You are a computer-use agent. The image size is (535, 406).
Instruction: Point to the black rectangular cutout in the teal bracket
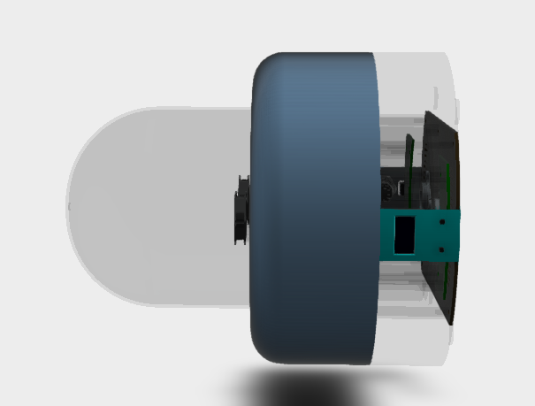point(405,234)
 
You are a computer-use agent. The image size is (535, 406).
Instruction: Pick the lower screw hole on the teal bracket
point(440,249)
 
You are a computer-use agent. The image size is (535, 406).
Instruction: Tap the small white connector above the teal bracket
point(401,188)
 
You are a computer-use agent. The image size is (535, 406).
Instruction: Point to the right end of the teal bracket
point(457,235)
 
